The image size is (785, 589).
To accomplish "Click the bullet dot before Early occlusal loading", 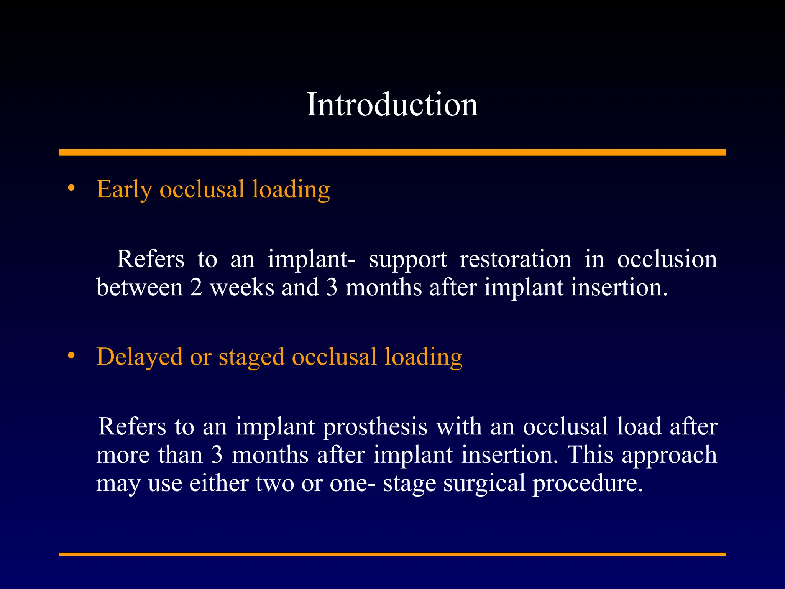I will click(x=71, y=188).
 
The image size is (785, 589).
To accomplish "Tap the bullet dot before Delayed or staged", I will click(x=71, y=355).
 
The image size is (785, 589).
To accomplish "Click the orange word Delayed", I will click(x=140, y=357).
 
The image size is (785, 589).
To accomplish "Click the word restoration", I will click(x=516, y=259).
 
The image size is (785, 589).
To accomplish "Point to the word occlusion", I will click(x=667, y=259).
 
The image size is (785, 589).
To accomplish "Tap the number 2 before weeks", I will click(x=196, y=287).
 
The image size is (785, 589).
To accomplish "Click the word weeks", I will click(x=242, y=287).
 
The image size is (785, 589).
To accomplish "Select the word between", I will click(x=140, y=287).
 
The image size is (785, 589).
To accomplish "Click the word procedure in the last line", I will click(x=587, y=483).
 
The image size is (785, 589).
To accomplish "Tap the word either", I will click(x=219, y=483).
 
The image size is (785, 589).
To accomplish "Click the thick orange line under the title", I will click(x=392, y=152).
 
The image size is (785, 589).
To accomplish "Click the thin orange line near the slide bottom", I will click(x=392, y=554).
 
